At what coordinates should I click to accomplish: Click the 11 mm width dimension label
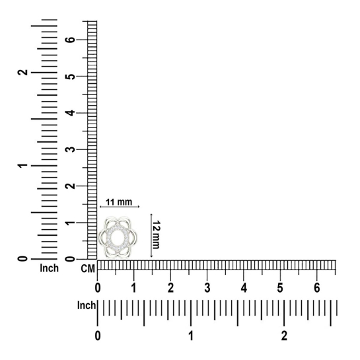pyautogui.click(x=119, y=202)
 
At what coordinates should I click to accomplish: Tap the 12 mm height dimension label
pyautogui.click(x=157, y=234)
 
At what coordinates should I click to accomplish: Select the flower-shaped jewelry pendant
pyautogui.click(x=118, y=238)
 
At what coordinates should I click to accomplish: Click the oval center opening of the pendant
pyautogui.click(x=118, y=238)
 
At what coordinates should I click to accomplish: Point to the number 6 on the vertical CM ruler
pyautogui.click(x=70, y=40)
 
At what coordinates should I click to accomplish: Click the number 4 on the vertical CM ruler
pyautogui.click(x=70, y=113)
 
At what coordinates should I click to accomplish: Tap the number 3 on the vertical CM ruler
pyautogui.click(x=70, y=149)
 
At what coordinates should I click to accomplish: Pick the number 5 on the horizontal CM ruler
pyautogui.click(x=280, y=288)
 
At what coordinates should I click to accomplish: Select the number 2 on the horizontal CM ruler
pyautogui.click(x=170, y=288)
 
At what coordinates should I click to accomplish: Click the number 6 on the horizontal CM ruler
pyautogui.click(x=317, y=288)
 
